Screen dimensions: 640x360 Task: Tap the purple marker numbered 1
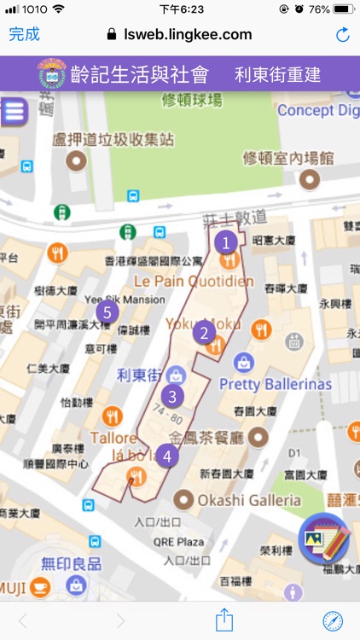226,242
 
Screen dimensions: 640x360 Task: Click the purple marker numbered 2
203,333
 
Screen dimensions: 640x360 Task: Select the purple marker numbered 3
173,396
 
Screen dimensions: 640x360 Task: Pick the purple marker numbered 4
168,456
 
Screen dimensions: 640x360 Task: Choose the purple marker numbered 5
107,312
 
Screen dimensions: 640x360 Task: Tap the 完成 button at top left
24,34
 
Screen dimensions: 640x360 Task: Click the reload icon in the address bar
343,35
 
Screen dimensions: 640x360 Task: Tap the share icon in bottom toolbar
224,620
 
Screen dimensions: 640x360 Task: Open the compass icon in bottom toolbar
333,620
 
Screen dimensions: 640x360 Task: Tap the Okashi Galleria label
249,499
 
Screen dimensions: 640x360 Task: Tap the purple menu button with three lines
13,112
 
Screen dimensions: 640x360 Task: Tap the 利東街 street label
139,375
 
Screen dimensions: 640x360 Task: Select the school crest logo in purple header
54,74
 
